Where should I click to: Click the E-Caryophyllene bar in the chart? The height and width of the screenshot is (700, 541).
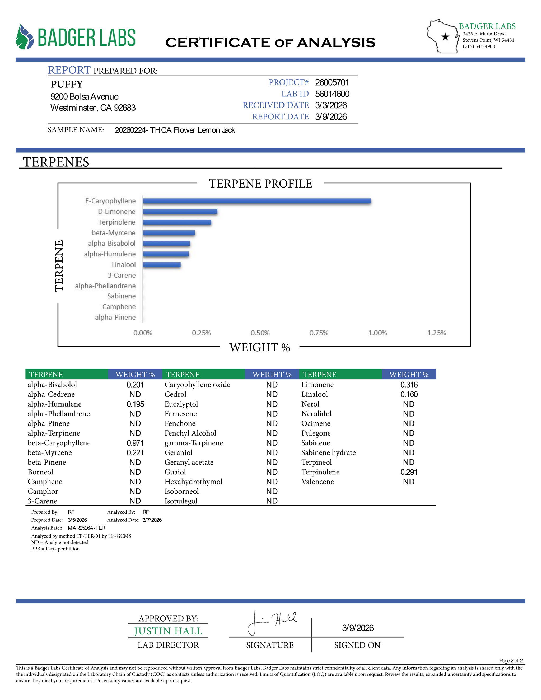pos(256,201)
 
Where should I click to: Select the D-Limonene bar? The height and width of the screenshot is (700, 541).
pos(180,212)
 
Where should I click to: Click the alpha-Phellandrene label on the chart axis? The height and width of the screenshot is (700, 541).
pos(105,286)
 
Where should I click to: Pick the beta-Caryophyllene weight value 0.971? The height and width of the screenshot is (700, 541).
pos(135,443)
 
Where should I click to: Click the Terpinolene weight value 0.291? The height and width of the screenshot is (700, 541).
pos(409,472)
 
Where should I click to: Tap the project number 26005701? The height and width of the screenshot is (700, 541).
pos(332,83)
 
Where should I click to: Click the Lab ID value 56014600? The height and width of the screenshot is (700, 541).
pos(332,94)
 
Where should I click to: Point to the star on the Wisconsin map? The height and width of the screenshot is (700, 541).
pos(445,37)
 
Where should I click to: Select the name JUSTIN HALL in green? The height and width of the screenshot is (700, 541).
pos(168,631)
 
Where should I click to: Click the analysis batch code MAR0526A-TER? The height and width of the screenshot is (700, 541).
pos(87,528)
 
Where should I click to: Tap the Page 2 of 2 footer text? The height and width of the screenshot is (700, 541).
pos(511,661)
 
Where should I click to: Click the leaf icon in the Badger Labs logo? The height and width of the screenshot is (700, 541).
pos(24,37)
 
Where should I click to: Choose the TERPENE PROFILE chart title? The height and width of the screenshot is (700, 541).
pos(260,184)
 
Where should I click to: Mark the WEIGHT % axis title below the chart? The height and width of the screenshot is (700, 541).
pos(259,347)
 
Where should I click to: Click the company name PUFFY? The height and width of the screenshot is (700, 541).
pos(67,84)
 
